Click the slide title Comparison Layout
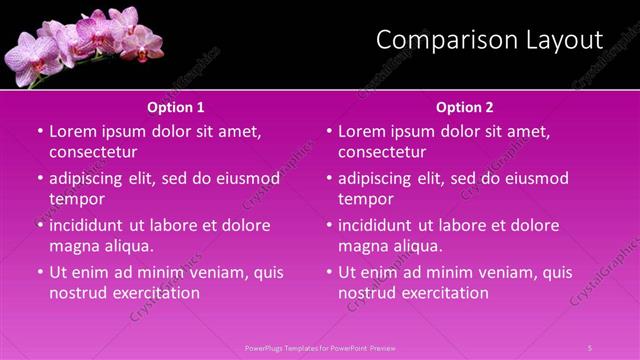[x=489, y=40]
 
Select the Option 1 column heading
[x=176, y=107]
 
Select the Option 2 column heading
[x=465, y=107]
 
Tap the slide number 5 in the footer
[x=590, y=347]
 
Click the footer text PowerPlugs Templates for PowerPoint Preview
[x=320, y=347]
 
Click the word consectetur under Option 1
[x=93, y=152]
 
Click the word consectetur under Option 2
[x=382, y=152]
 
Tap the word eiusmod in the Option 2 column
[x=534, y=178]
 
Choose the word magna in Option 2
[x=362, y=246]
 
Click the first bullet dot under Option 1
[x=40, y=131]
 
